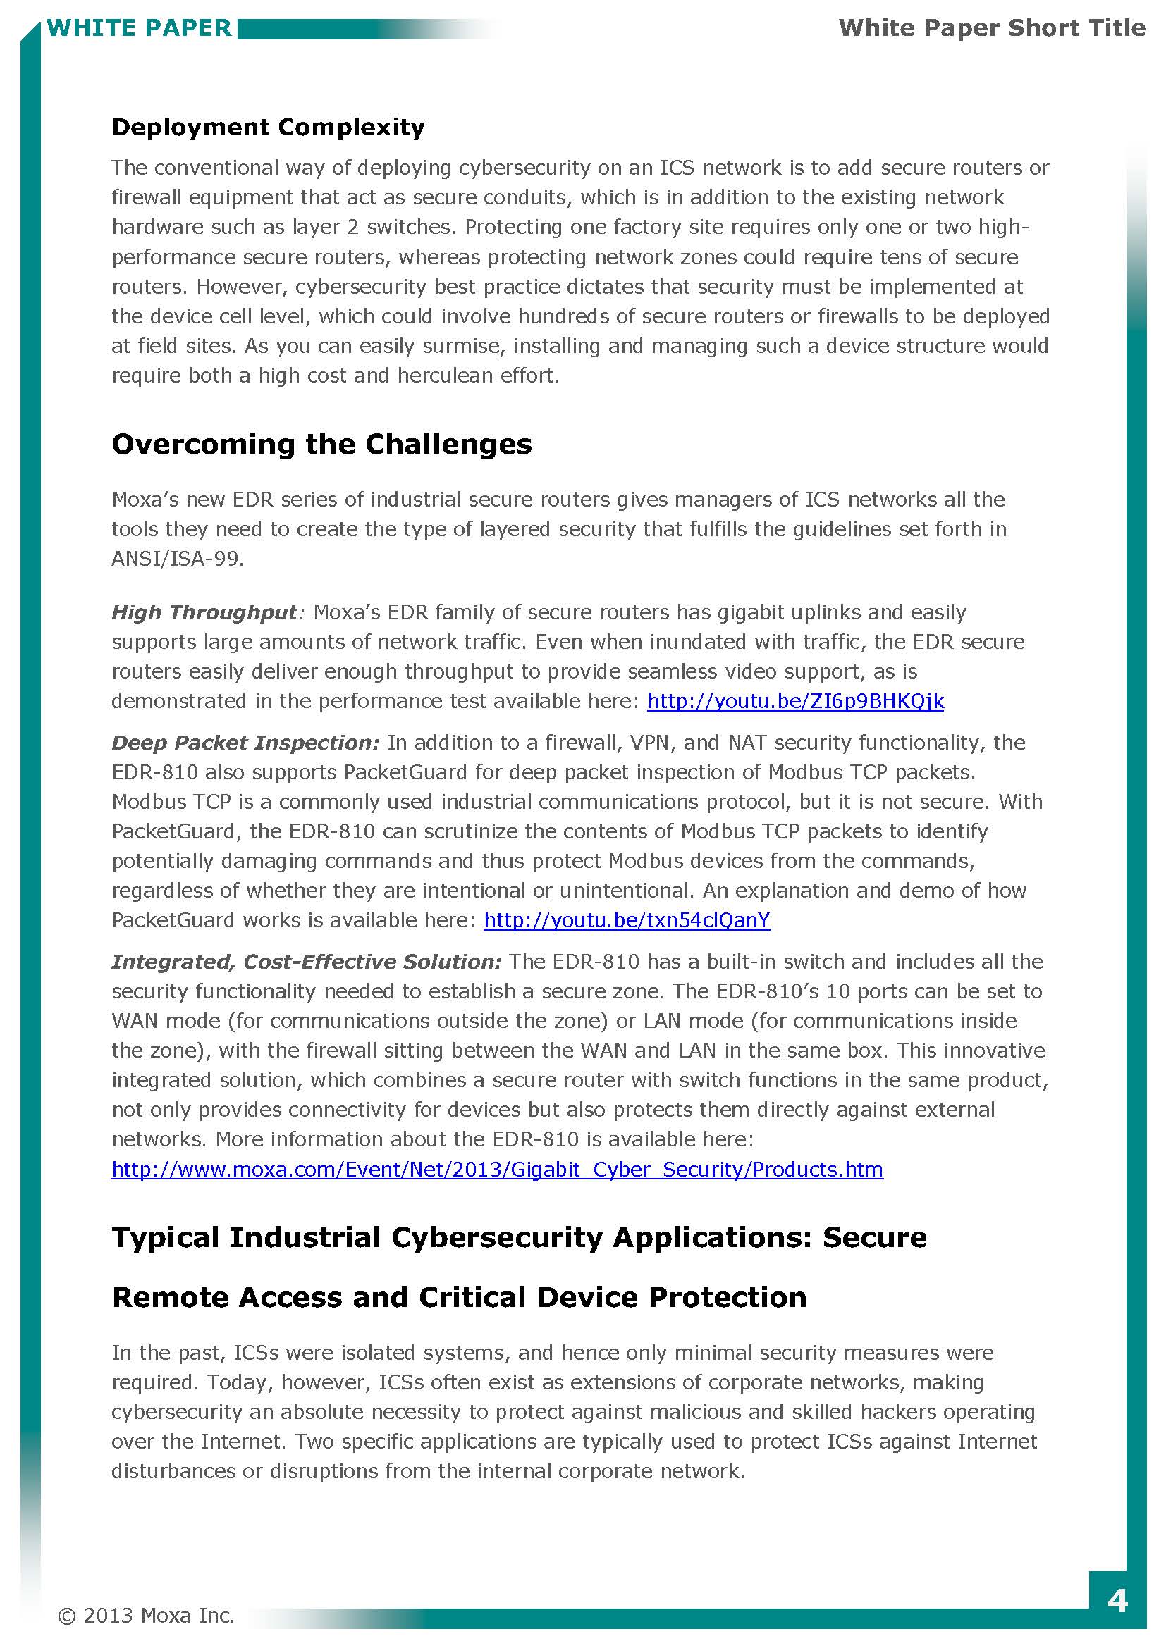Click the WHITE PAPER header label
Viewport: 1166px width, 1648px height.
pyautogui.click(x=139, y=28)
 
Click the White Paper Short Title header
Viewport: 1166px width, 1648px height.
pyautogui.click(x=992, y=28)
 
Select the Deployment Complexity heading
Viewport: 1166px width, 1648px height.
pyautogui.click(x=268, y=127)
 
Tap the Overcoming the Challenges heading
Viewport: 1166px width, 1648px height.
pyautogui.click(x=321, y=445)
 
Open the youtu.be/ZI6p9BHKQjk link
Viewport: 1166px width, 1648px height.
pyautogui.click(x=795, y=700)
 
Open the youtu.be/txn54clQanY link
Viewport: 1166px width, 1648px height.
pyautogui.click(x=627, y=920)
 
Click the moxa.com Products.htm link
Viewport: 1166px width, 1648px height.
pyautogui.click(x=497, y=1170)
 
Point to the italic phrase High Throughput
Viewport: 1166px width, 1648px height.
pyautogui.click(x=204, y=612)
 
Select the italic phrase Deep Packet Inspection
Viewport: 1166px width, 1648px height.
pyautogui.click(x=245, y=742)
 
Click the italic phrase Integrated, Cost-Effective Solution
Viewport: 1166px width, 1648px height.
pyautogui.click(x=306, y=962)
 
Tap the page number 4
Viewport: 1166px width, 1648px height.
pyautogui.click(x=1117, y=1601)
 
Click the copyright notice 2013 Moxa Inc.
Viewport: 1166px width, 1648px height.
pyautogui.click(x=147, y=1616)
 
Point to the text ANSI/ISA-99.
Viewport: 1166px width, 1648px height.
pyautogui.click(x=178, y=559)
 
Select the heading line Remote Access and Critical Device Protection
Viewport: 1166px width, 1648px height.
pyautogui.click(x=460, y=1298)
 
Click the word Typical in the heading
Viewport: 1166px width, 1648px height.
pyautogui.click(x=165, y=1238)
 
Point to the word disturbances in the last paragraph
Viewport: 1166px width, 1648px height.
pyautogui.click(x=173, y=1471)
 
